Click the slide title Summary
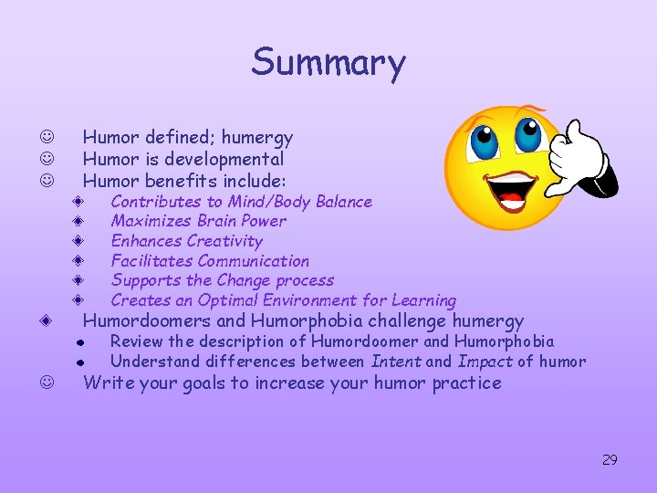(x=328, y=62)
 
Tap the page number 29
(x=610, y=459)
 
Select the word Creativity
(x=224, y=241)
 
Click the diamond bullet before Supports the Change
(x=80, y=280)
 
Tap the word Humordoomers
(x=147, y=320)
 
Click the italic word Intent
(x=396, y=362)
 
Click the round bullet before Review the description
(x=80, y=342)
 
